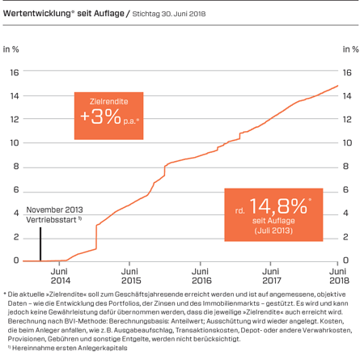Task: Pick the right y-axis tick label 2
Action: pyautogui.click(x=347, y=237)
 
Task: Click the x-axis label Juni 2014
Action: pyautogui.click(x=59, y=275)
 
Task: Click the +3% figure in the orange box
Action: pyautogui.click(x=105, y=116)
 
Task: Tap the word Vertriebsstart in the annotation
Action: pyautogui.click(x=46, y=218)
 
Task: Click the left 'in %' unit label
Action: pyautogui.click(x=11, y=50)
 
